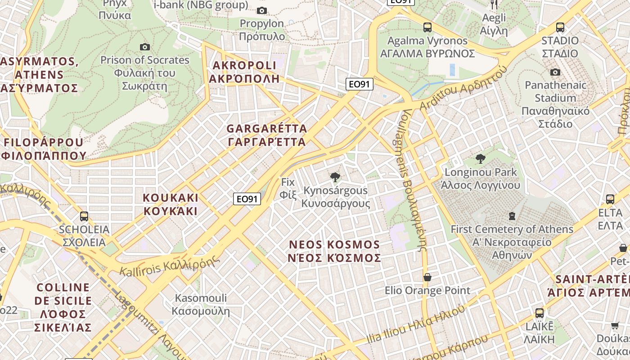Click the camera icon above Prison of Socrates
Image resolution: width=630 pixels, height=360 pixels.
(144, 47)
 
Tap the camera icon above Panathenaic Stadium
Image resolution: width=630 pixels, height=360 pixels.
(555, 72)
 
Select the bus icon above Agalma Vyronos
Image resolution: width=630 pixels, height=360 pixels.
(427, 27)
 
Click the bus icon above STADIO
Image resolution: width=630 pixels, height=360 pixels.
(560, 27)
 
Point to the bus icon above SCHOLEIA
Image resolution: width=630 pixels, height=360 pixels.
(84, 216)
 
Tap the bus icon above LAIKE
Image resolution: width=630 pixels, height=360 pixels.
(539, 313)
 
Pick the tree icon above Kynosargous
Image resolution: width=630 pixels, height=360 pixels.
(335, 177)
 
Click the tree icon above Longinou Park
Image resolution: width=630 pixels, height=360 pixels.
(481, 158)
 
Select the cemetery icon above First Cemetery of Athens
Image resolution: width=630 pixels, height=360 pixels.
(512, 216)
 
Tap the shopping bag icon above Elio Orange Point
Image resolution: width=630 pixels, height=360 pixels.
(427, 277)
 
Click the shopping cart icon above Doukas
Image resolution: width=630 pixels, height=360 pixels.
(615, 325)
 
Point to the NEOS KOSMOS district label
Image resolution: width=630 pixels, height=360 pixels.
(335, 251)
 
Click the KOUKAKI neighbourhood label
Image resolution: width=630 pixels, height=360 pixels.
(171, 204)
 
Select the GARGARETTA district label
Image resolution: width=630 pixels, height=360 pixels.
(267, 135)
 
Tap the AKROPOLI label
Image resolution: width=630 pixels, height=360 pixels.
(244, 72)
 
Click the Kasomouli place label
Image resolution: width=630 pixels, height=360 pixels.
(201, 304)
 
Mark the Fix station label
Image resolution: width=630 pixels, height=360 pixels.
(288, 188)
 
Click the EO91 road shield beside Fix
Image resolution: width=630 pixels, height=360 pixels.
(247, 199)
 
